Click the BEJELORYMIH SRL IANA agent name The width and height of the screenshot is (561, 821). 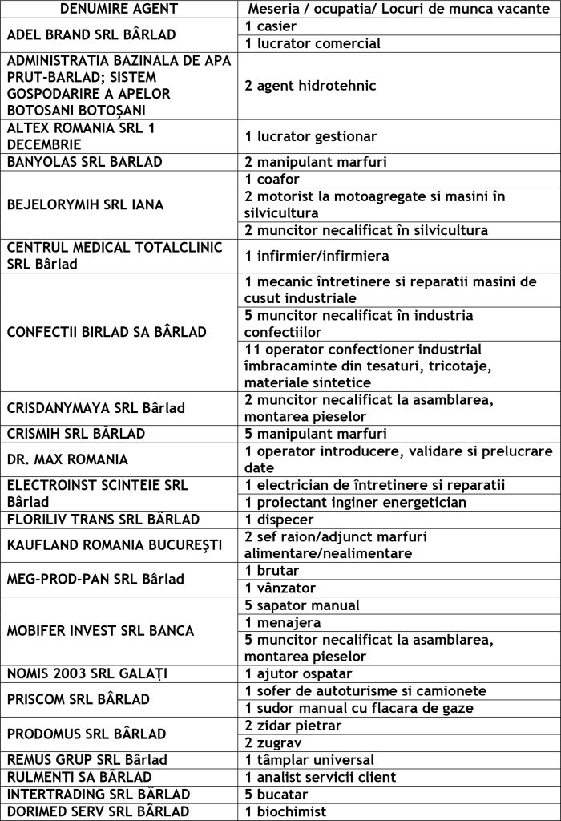(85, 204)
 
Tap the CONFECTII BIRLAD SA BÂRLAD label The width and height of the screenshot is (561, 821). (107, 332)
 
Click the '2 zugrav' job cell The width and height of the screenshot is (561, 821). (273, 742)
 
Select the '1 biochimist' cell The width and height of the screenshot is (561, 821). (287, 811)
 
